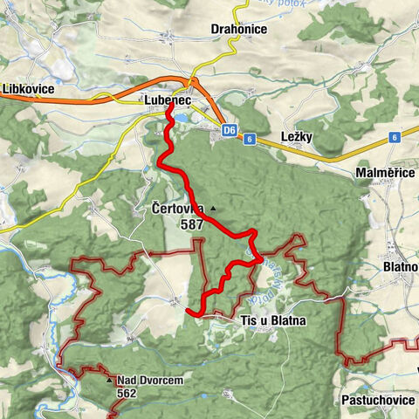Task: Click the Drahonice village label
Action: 238,29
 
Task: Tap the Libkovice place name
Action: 28,90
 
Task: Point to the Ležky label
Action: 303,137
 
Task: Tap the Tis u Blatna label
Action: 273,321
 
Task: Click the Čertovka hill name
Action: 178,209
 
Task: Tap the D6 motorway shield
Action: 230,131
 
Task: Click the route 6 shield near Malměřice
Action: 395,137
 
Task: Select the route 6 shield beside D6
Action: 250,138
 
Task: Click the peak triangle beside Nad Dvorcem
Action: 109,381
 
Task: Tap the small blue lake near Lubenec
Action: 181,115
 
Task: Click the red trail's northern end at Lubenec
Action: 168,108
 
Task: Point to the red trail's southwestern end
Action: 189,308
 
